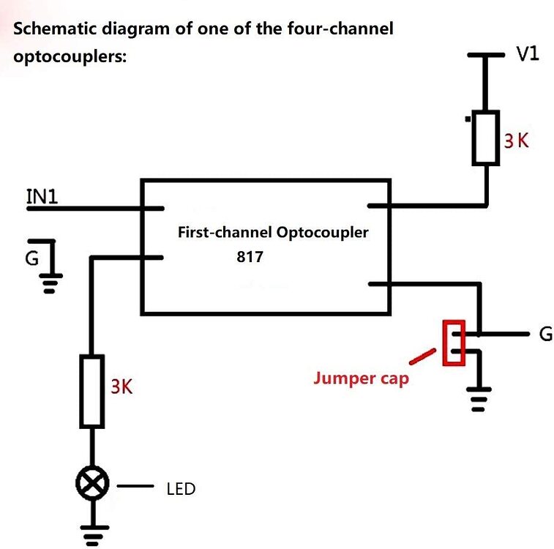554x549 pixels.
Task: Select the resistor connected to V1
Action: pyautogui.click(x=485, y=138)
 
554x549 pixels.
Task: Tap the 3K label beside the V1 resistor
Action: pyautogui.click(x=516, y=141)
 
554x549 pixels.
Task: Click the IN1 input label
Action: pyautogui.click(x=42, y=196)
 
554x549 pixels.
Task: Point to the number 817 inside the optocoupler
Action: pyautogui.click(x=249, y=258)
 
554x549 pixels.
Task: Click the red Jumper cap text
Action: pyautogui.click(x=360, y=378)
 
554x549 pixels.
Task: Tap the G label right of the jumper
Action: pyautogui.click(x=544, y=335)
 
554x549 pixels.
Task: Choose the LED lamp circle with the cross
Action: pyautogui.click(x=92, y=482)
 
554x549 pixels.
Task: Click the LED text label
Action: pyautogui.click(x=181, y=488)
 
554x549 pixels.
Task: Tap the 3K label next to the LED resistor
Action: pyautogui.click(x=121, y=386)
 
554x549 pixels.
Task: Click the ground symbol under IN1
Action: pyautogui.click(x=50, y=280)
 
